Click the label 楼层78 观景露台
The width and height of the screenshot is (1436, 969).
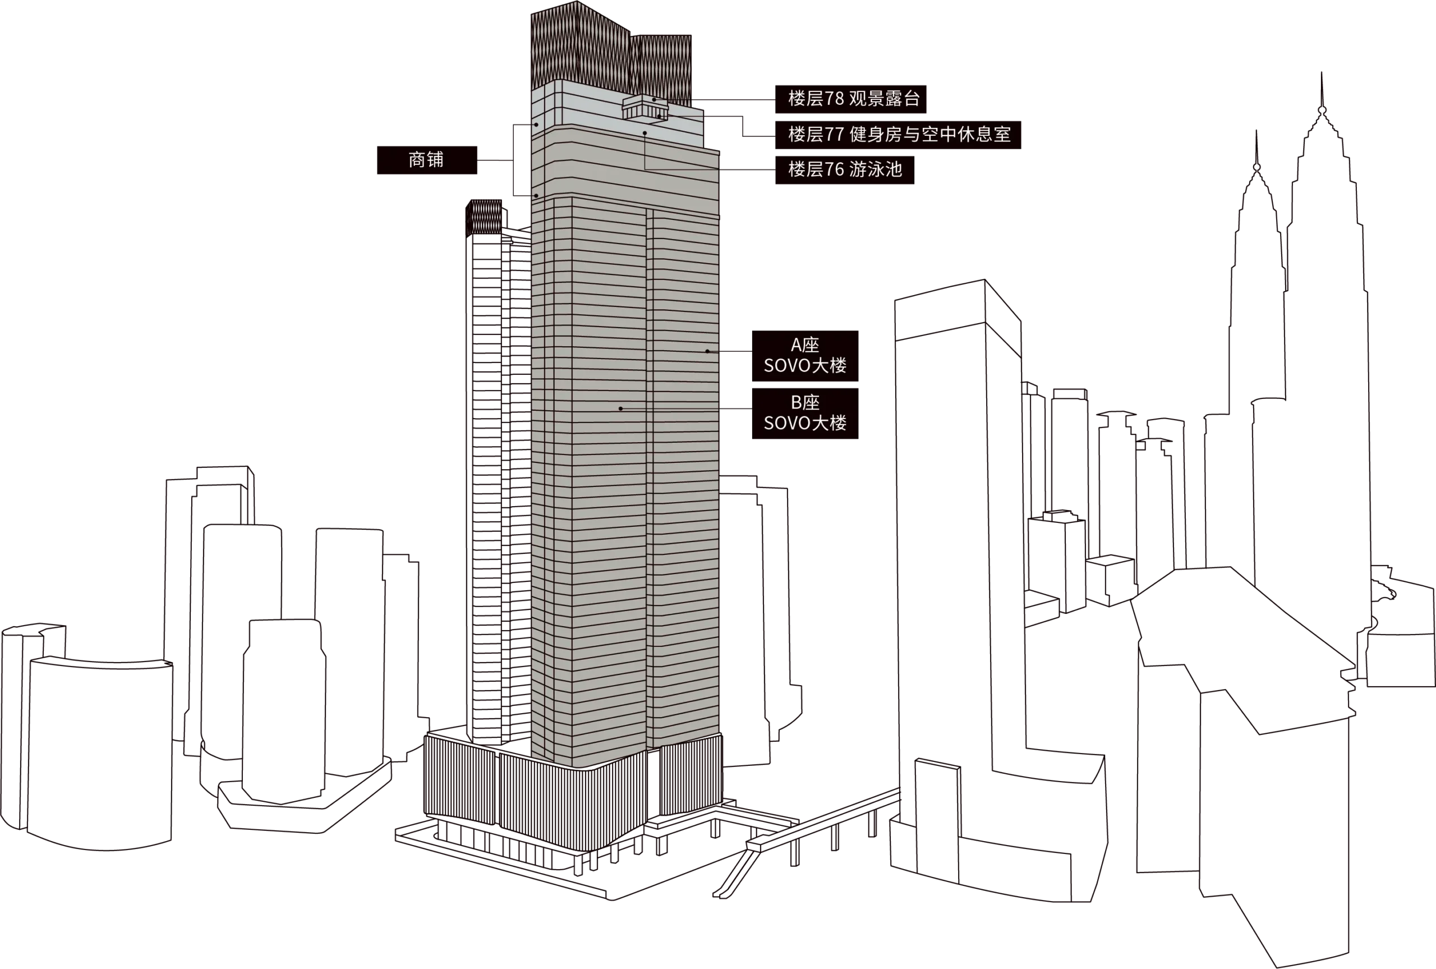point(850,99)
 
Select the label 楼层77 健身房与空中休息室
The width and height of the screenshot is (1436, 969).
point(898,135)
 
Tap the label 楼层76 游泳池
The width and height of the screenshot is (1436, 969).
point(844,170)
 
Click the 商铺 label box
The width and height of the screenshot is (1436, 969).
point(427,160)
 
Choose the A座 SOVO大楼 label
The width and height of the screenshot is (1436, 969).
point(805,356)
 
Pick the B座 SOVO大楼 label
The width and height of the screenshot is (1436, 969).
point(805,414)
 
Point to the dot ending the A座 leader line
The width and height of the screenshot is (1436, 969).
point(708,351)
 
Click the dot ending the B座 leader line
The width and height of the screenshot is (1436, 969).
point(621,408)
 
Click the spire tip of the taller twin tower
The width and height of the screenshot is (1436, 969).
point(1322,73)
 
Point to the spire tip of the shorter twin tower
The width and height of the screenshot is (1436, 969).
point(1256,131)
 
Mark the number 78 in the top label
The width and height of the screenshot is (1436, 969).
point(835,99)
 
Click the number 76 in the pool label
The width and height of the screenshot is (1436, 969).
point(835,170)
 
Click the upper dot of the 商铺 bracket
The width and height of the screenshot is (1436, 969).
point(536,125)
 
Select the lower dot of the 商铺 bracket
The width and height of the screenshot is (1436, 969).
point(536,196)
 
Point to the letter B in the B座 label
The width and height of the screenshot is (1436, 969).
point(796,403)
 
